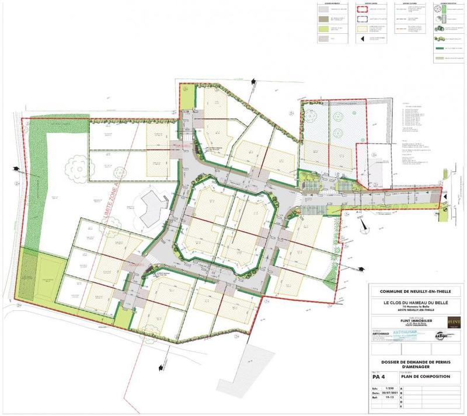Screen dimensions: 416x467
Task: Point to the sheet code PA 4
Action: point(379,377)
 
